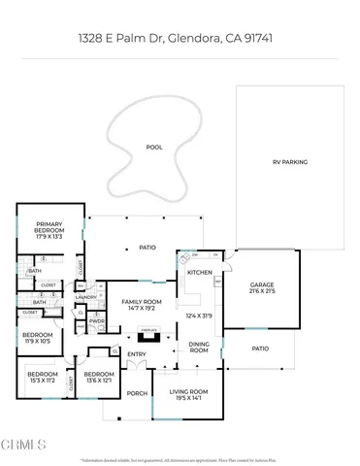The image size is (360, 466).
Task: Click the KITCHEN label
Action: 199,273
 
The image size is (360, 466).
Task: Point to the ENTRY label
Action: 135,354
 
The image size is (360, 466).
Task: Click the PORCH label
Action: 136,393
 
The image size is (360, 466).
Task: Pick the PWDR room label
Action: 97,321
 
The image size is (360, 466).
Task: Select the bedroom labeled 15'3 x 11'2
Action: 43,381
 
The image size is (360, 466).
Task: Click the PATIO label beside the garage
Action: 259,348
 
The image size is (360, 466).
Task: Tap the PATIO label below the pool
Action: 147,247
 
